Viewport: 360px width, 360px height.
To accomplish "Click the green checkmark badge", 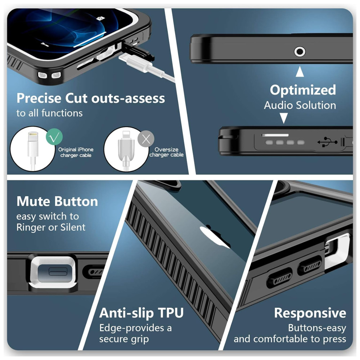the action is point(54,137).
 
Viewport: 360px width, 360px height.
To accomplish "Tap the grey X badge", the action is point(146,139).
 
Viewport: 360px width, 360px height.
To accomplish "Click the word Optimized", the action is point(303,90).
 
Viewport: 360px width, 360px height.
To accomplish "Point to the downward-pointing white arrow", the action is point(284,118).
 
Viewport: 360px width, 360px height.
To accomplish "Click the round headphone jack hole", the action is point(300,51).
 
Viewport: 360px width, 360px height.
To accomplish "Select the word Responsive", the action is point(310,313).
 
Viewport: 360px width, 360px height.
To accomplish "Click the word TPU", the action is point(171,313).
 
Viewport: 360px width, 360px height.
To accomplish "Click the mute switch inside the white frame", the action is point(58,271).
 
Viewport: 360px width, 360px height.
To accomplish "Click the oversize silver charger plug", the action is point(126,149).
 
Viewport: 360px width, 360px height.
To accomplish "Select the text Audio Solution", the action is point(300,105).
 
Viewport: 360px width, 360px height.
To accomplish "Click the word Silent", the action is point(73,227).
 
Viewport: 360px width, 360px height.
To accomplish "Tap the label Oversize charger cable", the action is point(166,152).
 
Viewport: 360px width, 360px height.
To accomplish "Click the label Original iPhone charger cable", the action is point(76,152).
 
